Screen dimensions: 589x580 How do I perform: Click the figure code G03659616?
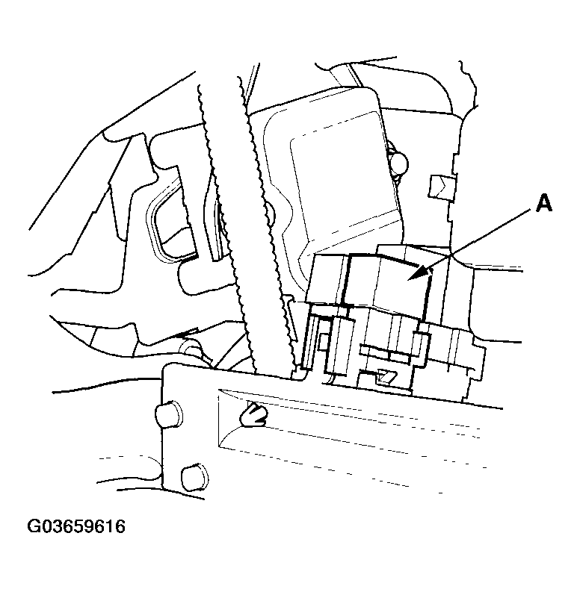(x=76, y=528)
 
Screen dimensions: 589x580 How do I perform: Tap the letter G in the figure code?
(x=34, y=528)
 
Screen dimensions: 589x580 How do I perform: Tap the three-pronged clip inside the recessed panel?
(x=253, y=415)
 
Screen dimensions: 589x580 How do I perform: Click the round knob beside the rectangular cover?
(x=399, y=161)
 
